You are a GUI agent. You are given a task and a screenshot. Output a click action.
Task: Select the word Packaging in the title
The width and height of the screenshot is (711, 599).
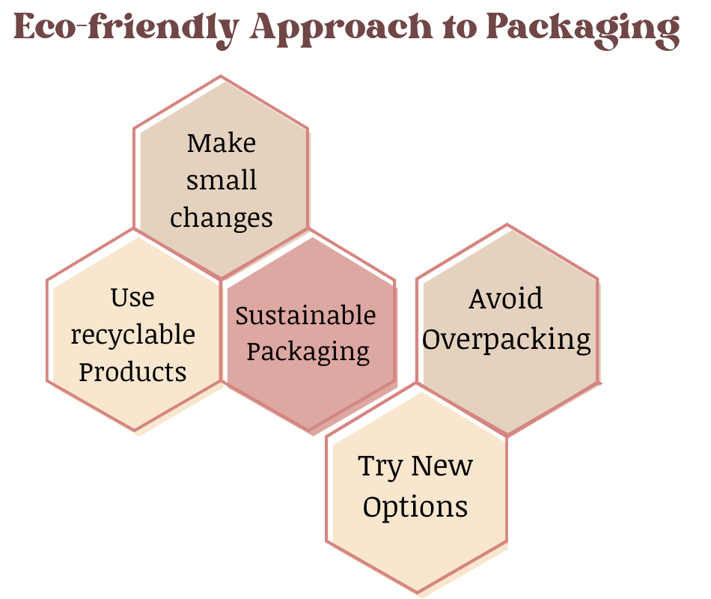tap(582, 28)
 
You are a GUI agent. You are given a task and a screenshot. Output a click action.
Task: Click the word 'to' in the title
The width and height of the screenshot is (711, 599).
tap(457, 28)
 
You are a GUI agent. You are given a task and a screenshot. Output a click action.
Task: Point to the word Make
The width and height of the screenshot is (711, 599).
tap(221, 142)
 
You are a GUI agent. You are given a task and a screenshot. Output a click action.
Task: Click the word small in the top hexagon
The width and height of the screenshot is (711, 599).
tap(221, 180)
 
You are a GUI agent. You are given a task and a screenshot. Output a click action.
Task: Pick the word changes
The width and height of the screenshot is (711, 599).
tap(221, 218)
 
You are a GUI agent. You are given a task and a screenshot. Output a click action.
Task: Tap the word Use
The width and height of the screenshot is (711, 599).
tap(132, 297)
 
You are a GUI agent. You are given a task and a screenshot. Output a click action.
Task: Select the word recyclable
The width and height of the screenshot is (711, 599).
tap(132, 334)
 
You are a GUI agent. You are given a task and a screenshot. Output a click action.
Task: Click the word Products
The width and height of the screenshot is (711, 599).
tap(132, 371)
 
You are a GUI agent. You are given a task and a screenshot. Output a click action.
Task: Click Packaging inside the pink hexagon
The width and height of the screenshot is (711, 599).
tap(308, 351)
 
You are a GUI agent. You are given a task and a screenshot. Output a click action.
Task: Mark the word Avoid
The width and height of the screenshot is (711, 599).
tap(506, 299)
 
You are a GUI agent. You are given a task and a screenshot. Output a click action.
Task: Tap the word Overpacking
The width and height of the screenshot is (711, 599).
tap(506, 339)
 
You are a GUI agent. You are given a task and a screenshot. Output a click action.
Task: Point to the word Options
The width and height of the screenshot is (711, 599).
tap(415, 506)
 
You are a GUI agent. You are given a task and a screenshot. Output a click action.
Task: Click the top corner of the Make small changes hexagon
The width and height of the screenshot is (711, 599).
tap(221, 76)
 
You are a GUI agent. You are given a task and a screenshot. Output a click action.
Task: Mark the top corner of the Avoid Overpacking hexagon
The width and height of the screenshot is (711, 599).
tap(507, 225)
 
